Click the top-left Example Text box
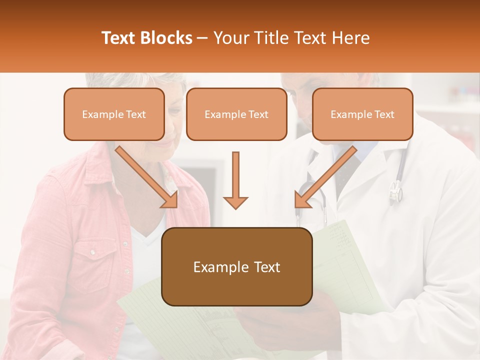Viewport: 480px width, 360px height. pos(114,114)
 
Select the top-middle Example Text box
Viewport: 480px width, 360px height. pos(236,114)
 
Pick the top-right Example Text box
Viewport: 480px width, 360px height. pos(362,114)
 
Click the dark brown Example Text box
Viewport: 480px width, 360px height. pos(236,266)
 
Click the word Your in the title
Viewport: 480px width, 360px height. pos(229,38)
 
